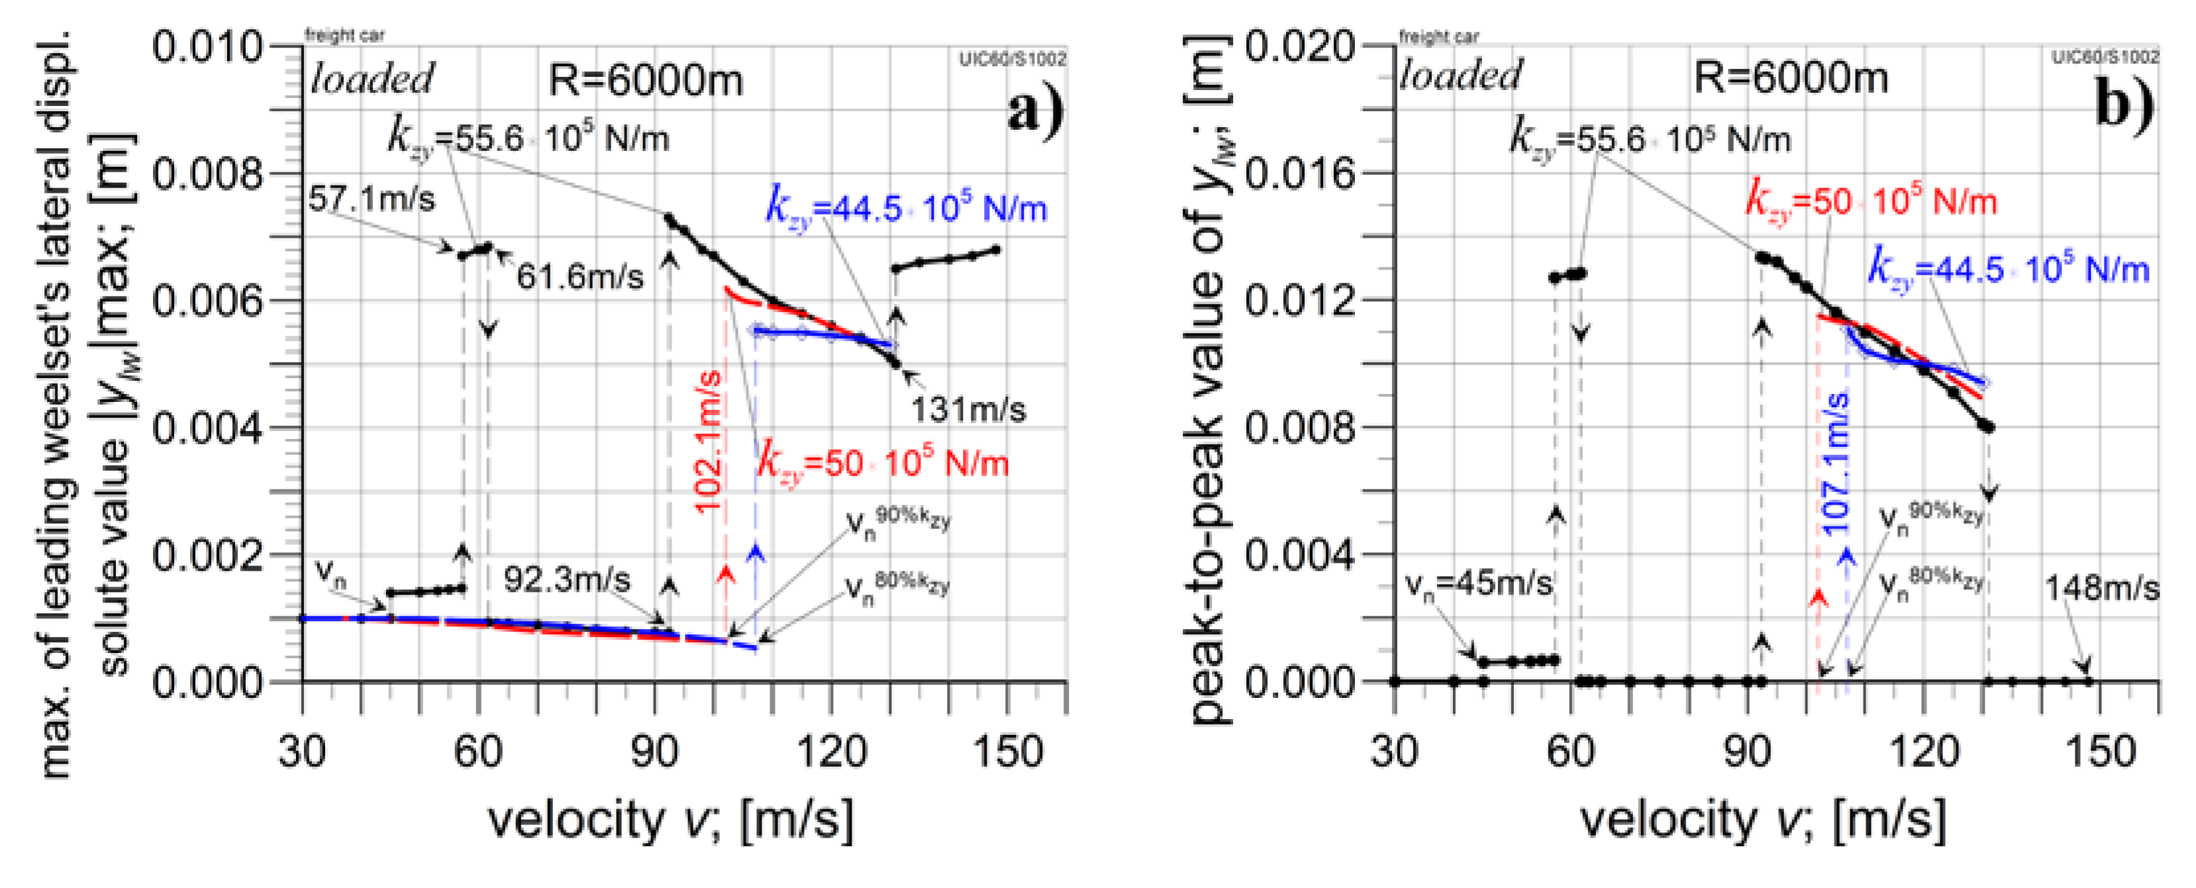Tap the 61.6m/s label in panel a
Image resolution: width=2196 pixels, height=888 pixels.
(579, 277)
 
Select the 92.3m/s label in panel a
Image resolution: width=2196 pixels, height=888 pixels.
(567, 580)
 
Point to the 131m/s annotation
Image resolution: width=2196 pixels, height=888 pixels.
(968, 411)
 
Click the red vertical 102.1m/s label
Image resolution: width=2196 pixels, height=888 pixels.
(710, 442)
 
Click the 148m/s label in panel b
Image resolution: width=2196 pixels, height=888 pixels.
(2101, 588)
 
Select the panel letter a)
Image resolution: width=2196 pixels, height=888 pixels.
(1035, 111)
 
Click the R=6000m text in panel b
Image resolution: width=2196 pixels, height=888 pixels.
(1790, 78)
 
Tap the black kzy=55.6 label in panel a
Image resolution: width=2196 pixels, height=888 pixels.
(528, 138)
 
